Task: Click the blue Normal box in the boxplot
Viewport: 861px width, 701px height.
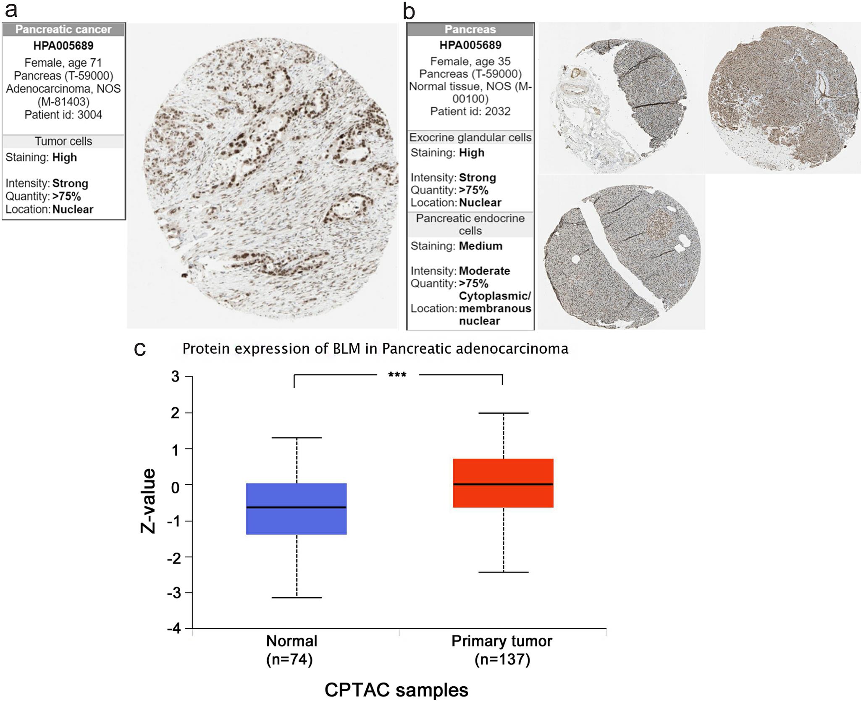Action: coord(296,509)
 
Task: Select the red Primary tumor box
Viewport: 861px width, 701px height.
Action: coord(503,483)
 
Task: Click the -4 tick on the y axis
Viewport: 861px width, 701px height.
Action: coord(174,629)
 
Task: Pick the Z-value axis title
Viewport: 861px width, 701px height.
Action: coord(148,501)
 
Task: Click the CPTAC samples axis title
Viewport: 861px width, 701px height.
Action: coord(396,690)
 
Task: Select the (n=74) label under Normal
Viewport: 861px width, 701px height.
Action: coord(289,659)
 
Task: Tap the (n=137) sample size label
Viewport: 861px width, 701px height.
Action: coord(502,659)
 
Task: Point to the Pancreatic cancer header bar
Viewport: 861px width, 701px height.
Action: coord(63,29)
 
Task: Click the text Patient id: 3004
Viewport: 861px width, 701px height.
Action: coord(63,115)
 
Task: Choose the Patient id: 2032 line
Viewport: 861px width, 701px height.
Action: coord(470,111)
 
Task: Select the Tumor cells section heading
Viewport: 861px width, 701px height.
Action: coord(63,141)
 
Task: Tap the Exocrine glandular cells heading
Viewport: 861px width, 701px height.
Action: coord(470,137)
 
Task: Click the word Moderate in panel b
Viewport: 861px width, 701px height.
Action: coord(484,271)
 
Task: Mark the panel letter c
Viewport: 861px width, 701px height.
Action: coord(140,349)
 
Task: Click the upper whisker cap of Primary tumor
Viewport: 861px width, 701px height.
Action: coord(503,413)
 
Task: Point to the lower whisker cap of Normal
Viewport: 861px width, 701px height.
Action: coord(297,597)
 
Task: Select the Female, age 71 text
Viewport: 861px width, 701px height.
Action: coord(63,63)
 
